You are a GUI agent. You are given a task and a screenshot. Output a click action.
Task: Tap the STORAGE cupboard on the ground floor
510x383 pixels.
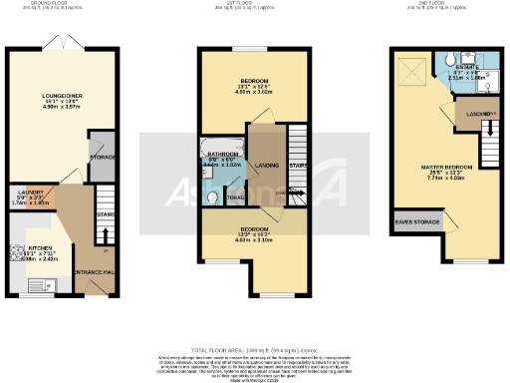(x=103, y=156)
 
